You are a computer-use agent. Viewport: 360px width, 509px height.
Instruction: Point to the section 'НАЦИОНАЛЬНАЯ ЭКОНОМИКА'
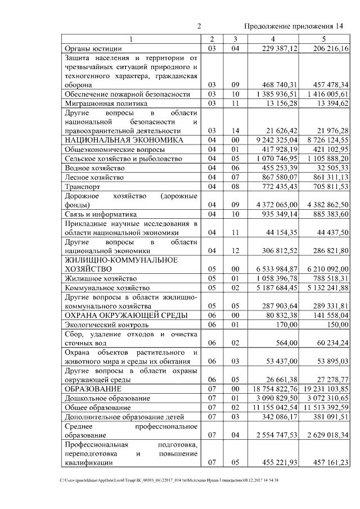click(124, 139)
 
